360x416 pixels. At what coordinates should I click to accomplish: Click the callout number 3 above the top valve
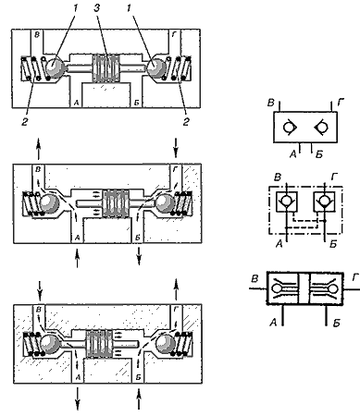pyautogui.click(x=97, y=8)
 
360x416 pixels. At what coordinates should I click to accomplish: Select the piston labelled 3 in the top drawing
pyautogui.click(x=106, y=68)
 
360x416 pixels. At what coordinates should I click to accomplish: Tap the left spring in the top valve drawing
pyautogui.click(x=30, y=68)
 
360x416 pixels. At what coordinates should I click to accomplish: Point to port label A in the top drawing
pyautogui.click(x=76, y=103)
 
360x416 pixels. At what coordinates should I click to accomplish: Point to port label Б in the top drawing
pyautogui.click(x=137, y=103)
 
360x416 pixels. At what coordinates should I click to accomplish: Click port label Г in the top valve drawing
pyautogui.click(x=175, y=35)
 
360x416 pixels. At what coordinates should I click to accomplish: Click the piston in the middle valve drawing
pyautogui.click(x=116, y=203)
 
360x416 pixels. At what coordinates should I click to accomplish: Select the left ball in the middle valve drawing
pyautogui.click(x=49, y=203)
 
